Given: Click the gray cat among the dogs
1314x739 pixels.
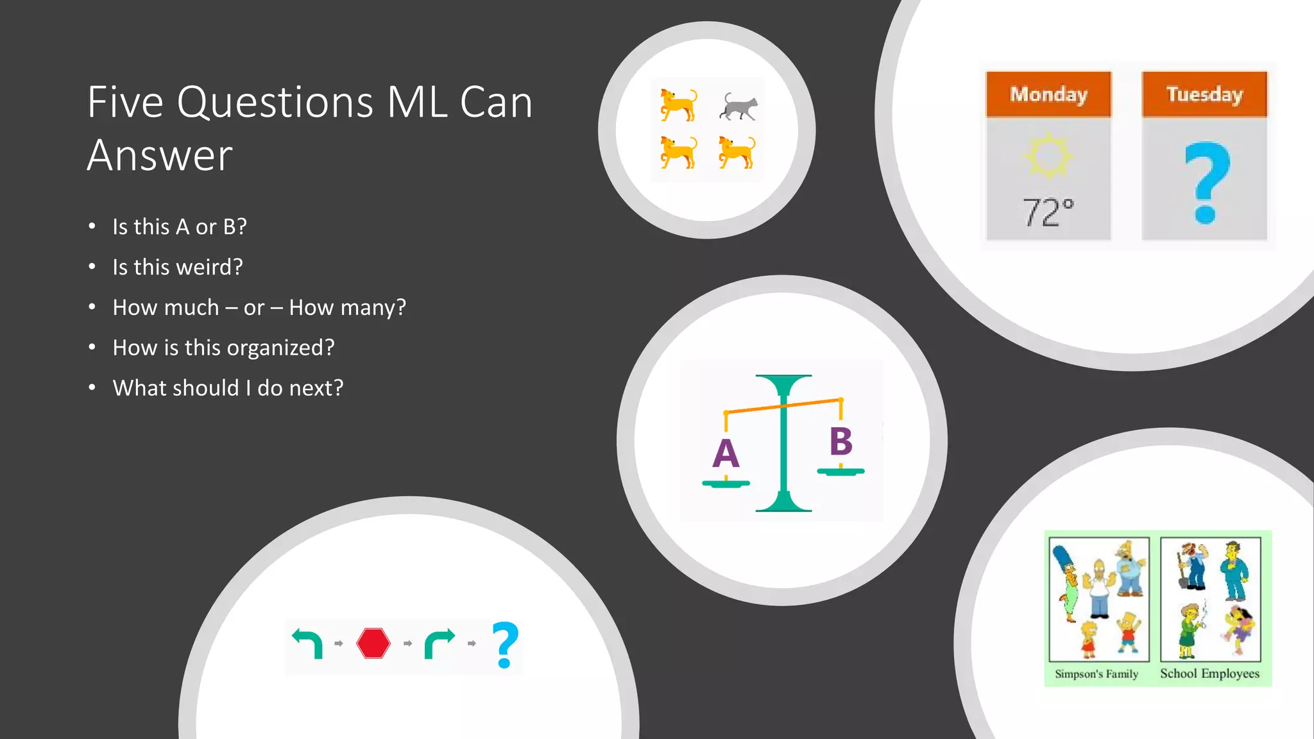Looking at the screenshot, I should [x=738, y=106].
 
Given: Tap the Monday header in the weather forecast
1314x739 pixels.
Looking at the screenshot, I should [x=1048, y=94].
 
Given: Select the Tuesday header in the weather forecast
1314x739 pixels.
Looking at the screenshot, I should [x=1204, y=94].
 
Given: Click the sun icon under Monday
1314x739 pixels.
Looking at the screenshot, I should [x=1048, y=155].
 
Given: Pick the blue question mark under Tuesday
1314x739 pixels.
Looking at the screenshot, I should [x=1206, y=183].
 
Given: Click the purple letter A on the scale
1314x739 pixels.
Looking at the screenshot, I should [x=726, y=454].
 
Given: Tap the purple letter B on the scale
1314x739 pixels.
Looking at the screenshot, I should [x=840, y=441].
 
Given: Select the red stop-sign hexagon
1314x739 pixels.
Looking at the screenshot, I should [x=373, y=643].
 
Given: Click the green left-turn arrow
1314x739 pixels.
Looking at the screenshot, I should [x=308, y=642].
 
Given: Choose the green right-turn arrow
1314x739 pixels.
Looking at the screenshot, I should [x=439, y=643].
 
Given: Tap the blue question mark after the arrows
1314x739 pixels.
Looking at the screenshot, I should [x=505, y=645].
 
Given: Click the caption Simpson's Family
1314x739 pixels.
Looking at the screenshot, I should [x=1096, y=674].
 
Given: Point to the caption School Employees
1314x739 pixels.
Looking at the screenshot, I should [x=1209, y=674].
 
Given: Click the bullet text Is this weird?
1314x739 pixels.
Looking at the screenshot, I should [x=178, y=267].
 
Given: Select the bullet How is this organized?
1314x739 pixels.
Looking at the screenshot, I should [x=223, y=348].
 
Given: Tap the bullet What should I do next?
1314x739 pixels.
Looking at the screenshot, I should [x=228, y=388].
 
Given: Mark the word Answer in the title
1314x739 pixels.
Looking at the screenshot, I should [x=160, y=155].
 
